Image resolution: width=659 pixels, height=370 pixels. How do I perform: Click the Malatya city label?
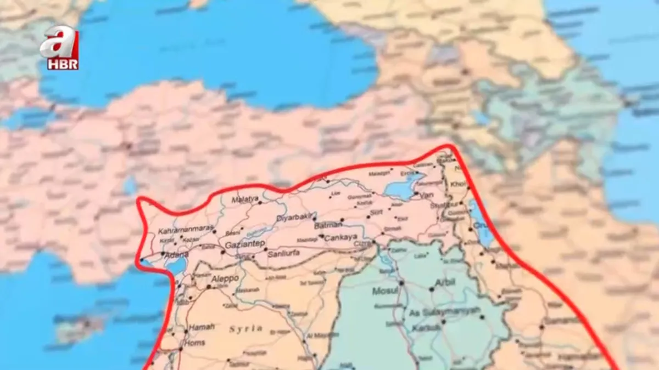point(245,200)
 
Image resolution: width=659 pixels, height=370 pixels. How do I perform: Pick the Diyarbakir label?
point(294,218)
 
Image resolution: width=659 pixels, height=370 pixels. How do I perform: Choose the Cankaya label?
point(341,238)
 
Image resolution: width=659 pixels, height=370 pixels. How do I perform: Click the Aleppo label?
point(225,278)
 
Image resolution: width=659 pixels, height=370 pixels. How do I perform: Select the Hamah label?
point(202,327)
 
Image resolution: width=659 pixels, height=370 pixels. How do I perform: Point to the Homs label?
point(196,343)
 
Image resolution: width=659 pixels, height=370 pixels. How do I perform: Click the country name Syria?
point(246,329)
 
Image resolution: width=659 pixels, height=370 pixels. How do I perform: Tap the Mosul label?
point(384,291)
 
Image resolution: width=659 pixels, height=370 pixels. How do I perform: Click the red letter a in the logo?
point(59,42)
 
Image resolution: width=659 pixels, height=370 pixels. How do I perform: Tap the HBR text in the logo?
point(62,64)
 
